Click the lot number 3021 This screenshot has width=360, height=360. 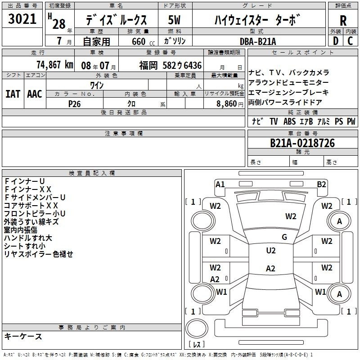22,19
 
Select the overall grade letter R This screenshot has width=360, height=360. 343,21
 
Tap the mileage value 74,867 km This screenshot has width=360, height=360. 55,65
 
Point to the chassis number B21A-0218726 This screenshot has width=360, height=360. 302,143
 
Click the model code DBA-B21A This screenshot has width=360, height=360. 257,41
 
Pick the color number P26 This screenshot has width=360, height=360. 74,104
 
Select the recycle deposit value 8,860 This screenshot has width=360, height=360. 227,103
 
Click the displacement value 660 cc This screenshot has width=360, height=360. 143,41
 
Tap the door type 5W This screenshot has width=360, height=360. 174,20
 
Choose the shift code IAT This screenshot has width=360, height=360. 13,94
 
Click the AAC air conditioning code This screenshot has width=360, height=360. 35,94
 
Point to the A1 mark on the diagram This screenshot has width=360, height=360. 220,184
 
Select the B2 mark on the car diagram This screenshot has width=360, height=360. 321,184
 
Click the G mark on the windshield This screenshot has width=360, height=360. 284,237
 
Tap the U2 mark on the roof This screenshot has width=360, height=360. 271,251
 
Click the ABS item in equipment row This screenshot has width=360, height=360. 289,121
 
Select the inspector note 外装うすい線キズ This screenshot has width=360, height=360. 31,222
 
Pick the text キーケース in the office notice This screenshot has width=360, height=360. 23,336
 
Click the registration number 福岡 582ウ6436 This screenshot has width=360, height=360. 171,65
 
